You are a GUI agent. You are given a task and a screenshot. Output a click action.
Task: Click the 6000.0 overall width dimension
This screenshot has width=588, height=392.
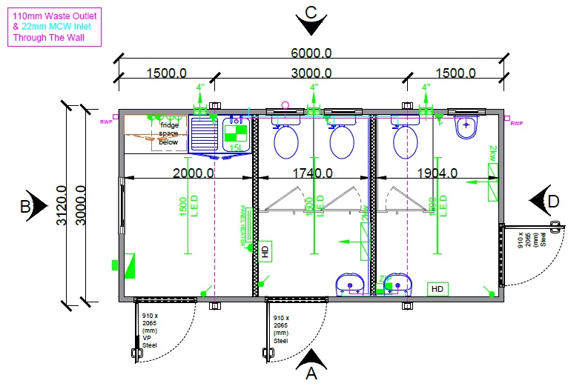(311, 53)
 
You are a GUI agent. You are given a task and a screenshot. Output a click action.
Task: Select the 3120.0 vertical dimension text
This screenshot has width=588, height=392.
(69, 205)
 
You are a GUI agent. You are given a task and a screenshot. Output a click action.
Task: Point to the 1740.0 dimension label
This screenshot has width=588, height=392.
(312, 173)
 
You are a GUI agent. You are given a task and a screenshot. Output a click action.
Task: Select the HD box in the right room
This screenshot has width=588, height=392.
(437, 288)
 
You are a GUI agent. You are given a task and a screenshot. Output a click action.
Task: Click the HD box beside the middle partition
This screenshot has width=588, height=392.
(266, 250)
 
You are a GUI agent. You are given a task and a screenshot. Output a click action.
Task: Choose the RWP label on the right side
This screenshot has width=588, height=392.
(517, 124)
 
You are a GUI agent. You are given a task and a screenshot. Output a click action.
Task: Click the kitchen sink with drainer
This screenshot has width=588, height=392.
(207, 135)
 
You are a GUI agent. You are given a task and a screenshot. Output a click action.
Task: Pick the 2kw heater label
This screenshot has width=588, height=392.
(493, 154)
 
